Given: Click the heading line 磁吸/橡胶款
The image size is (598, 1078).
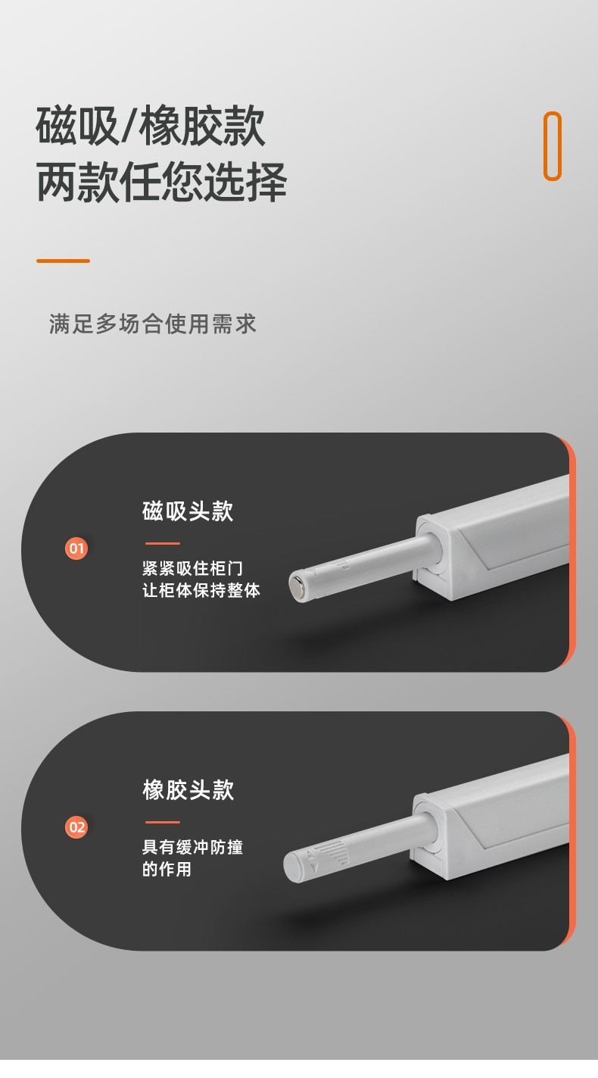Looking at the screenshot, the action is coord(151,126).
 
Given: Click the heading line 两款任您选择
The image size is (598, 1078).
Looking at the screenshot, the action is coord(161,182).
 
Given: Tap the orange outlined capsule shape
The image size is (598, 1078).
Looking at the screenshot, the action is coord(553,146).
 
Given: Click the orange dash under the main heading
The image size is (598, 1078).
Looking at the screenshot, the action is coord(63,261).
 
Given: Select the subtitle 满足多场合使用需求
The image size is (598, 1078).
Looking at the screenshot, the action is coord(152,323).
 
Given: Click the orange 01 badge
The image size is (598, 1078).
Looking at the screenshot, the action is coord(76,548).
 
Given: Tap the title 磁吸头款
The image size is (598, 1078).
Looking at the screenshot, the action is coord(188,511).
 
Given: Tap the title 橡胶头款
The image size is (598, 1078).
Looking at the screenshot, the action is coord(188,789).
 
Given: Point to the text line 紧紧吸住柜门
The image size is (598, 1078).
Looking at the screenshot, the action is coord(192,568).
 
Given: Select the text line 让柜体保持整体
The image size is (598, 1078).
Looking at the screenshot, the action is coord(201,590).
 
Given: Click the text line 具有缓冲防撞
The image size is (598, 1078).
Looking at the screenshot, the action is coord(192,847).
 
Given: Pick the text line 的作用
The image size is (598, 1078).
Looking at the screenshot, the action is coord(167,869).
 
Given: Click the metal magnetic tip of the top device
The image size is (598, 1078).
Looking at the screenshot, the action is coord(297,586).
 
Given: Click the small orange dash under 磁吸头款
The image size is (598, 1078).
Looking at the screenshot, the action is coord(163,543).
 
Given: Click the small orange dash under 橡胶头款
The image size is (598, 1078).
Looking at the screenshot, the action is coord(163,822).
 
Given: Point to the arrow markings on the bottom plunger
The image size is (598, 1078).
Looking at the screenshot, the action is coord(312,860).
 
